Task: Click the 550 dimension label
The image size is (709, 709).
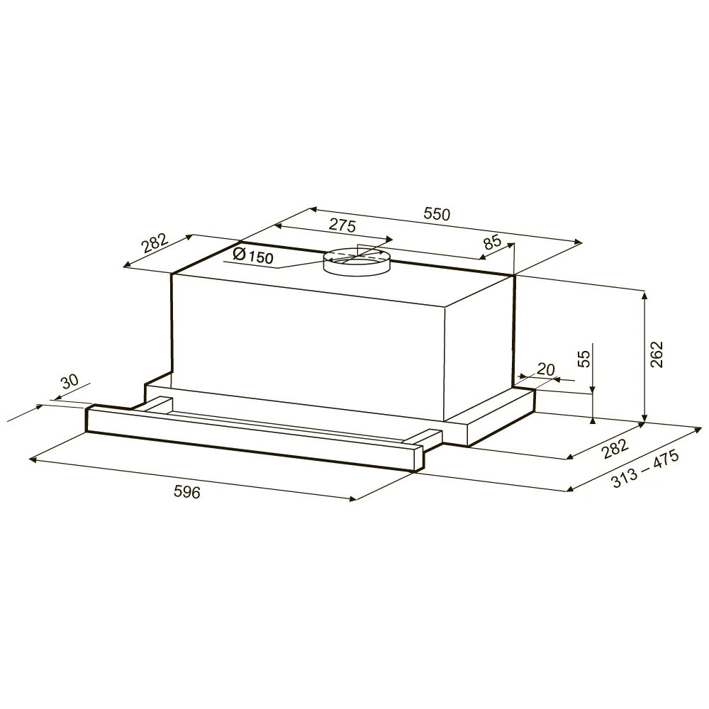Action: click(437, 213)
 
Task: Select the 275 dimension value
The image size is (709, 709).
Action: click(342, 225)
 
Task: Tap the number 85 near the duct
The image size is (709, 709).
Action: click(493, 242)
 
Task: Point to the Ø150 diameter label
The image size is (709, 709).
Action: click(253, 256)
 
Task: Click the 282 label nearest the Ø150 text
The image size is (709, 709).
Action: click(155, 242)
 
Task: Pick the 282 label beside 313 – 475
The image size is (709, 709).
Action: click(615, 449)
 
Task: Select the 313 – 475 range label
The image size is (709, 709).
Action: click(645, 469)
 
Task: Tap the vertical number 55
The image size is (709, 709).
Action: click(585, 359)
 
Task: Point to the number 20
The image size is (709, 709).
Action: click(546, 369)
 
